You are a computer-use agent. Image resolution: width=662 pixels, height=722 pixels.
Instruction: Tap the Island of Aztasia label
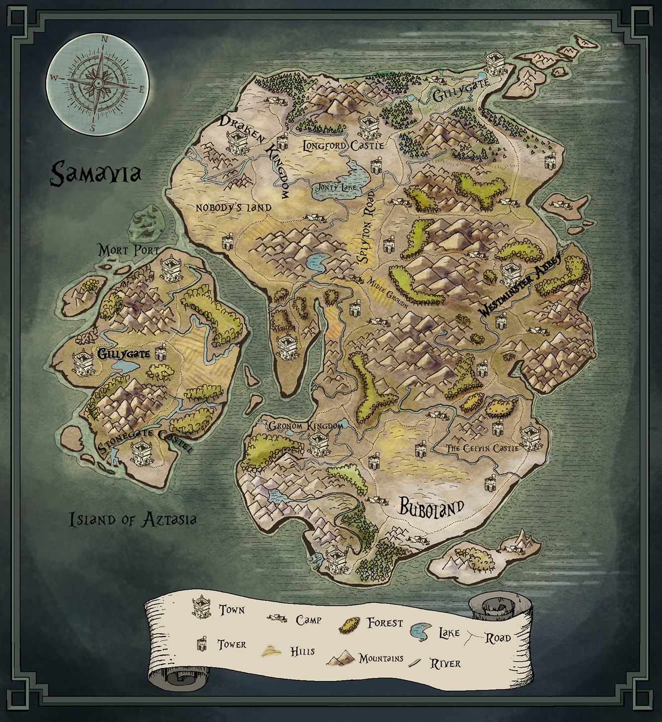click(x=133, y=520)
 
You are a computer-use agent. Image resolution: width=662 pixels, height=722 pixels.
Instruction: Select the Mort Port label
click(x=129, y=249)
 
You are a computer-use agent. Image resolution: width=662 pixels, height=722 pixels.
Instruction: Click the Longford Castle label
click(x=343, y=146)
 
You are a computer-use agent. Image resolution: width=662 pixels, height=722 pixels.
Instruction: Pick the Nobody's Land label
click(x=233, y=207)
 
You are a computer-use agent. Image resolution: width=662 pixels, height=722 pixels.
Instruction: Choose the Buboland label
click(x=432, y=508)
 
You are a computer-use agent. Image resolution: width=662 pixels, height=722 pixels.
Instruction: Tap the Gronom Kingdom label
click(x=305, y=426)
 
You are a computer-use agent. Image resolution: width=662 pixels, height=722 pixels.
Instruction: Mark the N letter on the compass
click(x=104, y=39)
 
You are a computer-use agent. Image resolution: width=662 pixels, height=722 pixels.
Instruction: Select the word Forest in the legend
click(x=385, y=623)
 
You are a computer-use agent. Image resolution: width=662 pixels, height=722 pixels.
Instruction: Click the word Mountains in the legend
click(x=381, y=658)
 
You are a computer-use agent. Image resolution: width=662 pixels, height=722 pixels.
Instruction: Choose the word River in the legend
click(x=445, y=663)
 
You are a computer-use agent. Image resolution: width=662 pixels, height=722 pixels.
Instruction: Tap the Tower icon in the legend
click(x=202, y=644)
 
